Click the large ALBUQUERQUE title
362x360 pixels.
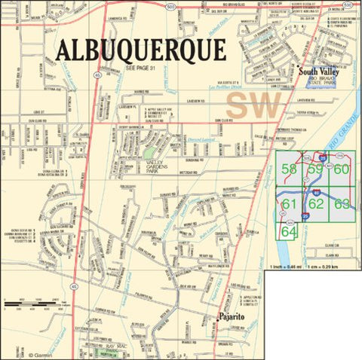[141, 50]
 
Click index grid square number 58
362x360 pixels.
[289, 169]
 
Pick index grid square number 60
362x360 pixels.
[342, 169]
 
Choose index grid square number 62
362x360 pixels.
[316, 203]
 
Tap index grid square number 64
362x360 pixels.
[289, 232]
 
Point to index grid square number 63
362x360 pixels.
[342, 203]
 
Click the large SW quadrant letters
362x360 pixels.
[253, 105]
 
